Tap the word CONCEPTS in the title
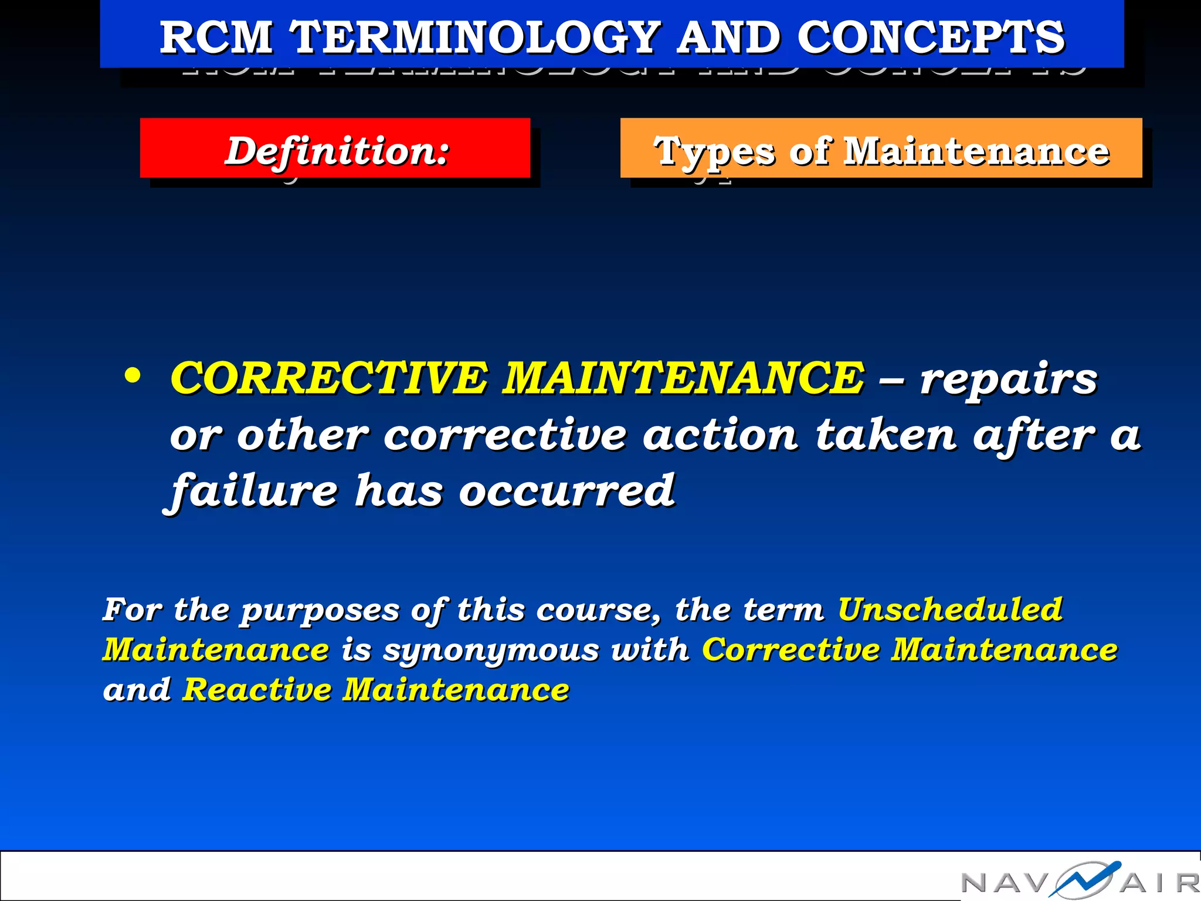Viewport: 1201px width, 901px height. [931, 38]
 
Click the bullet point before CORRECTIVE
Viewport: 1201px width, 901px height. [133, 376]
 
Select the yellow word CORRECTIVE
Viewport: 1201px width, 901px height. [328, 378]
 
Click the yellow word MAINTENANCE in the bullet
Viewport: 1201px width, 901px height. [683, 378]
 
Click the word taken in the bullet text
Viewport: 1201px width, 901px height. [886, 435]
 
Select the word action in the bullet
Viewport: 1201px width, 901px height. [720, 435]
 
